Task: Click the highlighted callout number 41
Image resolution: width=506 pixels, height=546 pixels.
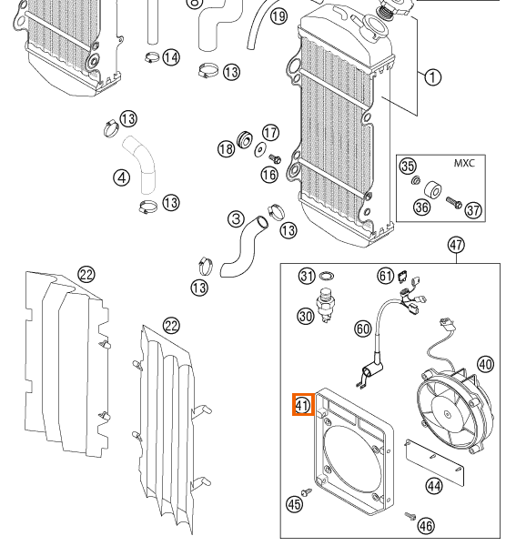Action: (303, 405)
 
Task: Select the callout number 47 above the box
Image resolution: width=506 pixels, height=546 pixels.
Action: (456, 245)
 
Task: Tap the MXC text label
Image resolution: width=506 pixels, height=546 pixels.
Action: (464, 163)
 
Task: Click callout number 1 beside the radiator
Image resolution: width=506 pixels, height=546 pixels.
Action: (432, 77)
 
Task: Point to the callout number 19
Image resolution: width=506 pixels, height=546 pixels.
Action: (278, 16)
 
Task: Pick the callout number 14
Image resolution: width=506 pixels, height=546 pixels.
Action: (171, 57)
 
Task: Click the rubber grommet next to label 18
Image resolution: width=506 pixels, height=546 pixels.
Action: (245, 139)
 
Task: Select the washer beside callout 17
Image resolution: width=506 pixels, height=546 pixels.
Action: (260, 150)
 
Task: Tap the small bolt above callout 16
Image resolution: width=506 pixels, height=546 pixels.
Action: (275, 159)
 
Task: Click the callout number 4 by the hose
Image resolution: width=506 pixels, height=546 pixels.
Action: (122, 177)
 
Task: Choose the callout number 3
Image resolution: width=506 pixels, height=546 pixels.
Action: (236, 219)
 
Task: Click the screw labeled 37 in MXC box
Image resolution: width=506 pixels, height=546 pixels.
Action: (454, 203)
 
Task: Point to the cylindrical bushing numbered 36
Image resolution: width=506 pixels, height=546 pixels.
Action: (433, 190)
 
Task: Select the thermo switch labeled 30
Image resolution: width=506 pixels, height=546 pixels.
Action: (325, 304)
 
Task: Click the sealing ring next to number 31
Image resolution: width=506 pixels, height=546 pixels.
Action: (327, 276)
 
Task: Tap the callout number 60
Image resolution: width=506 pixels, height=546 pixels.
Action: (363, 329)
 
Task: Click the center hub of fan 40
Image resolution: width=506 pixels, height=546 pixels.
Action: (447, 414)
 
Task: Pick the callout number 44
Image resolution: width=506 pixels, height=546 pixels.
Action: (434, 486)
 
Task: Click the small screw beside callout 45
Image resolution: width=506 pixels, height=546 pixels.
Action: (307, 492)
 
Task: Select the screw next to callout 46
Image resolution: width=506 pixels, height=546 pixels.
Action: (410, 516)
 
